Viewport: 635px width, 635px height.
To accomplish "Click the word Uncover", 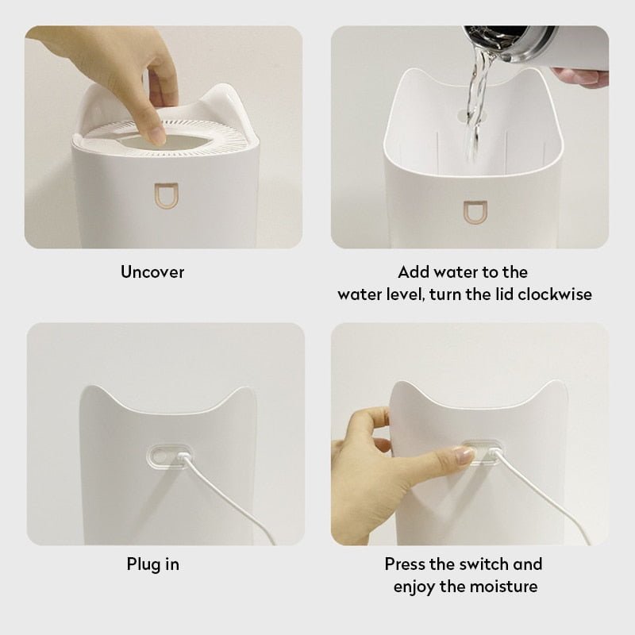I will [x=152, y=272].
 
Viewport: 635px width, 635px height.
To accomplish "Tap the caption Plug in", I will [x=152, y=564].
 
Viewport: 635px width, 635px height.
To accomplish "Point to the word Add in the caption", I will [x=414, y=272].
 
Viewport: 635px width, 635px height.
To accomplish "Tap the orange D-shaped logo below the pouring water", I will [x=471, y=211].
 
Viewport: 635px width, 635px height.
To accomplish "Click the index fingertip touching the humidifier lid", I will [x=156, y=135].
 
